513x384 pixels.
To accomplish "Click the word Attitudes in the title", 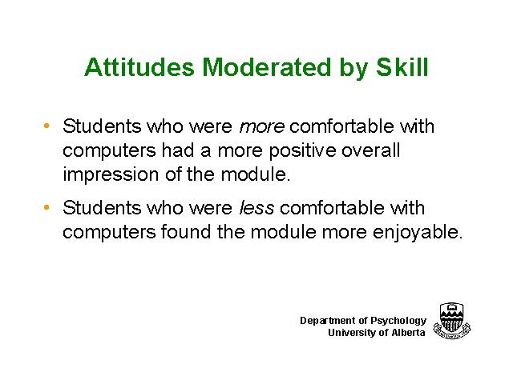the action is tap(139, 67).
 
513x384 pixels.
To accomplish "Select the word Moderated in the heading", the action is tap(267, 67).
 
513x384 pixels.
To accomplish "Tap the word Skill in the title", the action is tap(402, 67).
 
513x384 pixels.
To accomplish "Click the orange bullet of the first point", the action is tap(46, 126).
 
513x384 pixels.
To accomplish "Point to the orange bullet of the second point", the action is tap(46, 207).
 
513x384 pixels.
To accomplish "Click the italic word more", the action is tap(262, 126).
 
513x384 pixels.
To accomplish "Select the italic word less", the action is tap(256, 208).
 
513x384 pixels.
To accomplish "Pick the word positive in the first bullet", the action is tap(303, 151).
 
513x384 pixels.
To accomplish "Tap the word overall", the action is tap(370, 150).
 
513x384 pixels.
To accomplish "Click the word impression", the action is tap(111, 174).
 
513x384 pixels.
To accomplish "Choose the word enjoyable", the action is tap(418, 233).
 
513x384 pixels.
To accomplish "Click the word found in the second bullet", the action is tap(186, 231).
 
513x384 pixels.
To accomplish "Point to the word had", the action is tap(178, 150).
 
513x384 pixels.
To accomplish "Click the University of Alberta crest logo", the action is tap(452, 321).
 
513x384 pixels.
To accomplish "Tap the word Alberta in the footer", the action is tap(408, 333).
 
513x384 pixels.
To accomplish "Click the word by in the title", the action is tap(353, 68).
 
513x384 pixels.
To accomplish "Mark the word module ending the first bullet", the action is tap(256, 174).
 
